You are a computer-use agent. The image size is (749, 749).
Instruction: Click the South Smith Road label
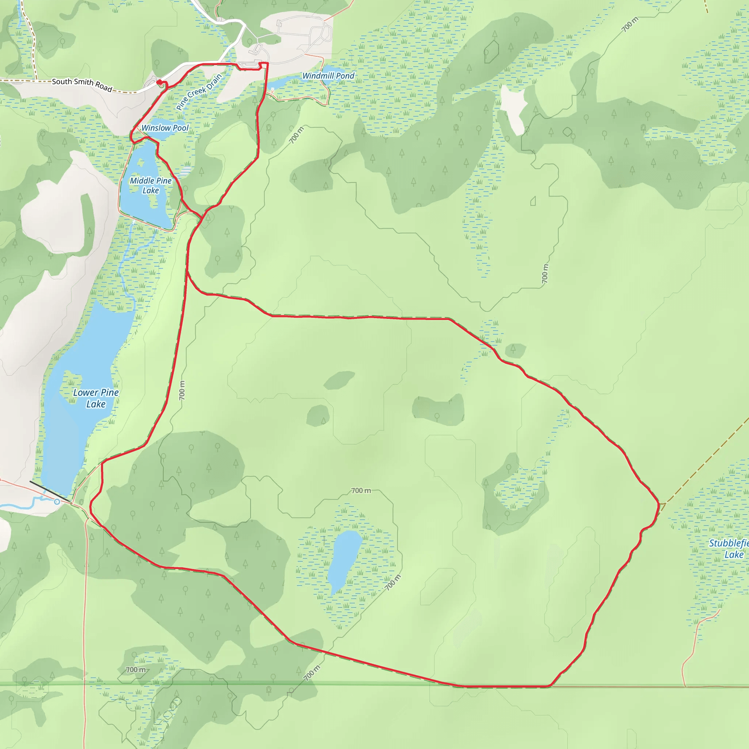(x=82, y=84)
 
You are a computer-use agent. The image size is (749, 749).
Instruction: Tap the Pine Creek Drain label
(x=199, y=92)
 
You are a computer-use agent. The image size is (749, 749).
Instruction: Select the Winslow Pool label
(x=165, y=128)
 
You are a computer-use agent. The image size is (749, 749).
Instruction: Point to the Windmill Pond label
(x=328, y=76)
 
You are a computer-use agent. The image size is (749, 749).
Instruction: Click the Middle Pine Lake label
(x=150, y=185)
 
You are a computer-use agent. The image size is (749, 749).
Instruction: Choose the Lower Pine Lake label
(x=96, y=398)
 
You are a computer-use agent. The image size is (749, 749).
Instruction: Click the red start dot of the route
(x=159, y=82)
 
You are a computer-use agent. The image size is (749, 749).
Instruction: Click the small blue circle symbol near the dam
(x=57, y=502)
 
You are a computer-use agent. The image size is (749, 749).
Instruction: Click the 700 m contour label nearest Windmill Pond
(x=297, y=135)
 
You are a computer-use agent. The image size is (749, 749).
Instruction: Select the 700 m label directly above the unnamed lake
(x=361, y=490)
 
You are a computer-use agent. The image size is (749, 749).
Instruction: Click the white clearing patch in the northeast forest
(x=514, y=109)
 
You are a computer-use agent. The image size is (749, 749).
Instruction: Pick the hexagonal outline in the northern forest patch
(x=492, y=51)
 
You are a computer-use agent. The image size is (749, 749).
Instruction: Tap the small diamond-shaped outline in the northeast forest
(x=567, y=132)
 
